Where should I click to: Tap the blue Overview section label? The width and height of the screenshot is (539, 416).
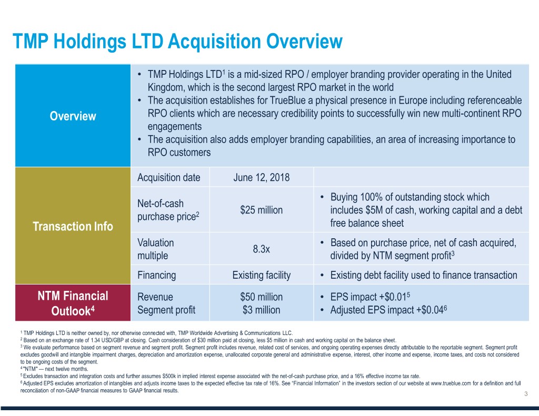73,116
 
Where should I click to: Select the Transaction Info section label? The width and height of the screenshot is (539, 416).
73,227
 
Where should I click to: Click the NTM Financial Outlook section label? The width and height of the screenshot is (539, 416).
73,303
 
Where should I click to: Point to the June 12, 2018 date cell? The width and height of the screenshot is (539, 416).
261,177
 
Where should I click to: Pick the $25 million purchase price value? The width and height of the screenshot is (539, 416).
261,210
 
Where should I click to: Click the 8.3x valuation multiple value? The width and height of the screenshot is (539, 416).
261,249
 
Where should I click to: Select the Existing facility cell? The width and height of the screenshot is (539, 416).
261,275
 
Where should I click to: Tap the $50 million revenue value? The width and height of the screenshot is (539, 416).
261,297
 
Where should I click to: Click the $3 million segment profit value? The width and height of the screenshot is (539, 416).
261,310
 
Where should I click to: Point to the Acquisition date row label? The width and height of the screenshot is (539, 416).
168,177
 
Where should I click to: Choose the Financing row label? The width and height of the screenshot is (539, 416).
156,275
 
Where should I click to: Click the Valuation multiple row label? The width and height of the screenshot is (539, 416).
156,249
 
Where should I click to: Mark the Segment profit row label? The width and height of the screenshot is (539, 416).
166,310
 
